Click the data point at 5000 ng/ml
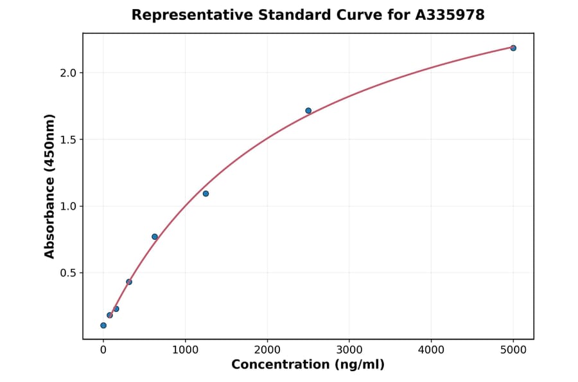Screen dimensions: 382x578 click(x=513, y=48)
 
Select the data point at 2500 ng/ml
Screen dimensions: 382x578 click(x=308, y=111)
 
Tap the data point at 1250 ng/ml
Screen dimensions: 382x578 click(x=206, y=194)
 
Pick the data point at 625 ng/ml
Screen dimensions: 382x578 click(x=155, y=237)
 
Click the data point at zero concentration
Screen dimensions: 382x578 click(x=103, y=325)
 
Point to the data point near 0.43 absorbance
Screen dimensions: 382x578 click(x=129, y=282)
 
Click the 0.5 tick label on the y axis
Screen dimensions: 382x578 click(x=68, y=273)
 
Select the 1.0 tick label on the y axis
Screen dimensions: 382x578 click(x=68, y=206)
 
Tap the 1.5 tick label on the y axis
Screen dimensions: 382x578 click(x=68, y=140)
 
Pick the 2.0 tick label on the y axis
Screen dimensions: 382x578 click(x=68, y=73)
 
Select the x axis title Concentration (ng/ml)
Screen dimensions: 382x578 click(x=308, y=365)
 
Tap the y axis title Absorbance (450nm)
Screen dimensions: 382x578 click(x=50, y=186)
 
